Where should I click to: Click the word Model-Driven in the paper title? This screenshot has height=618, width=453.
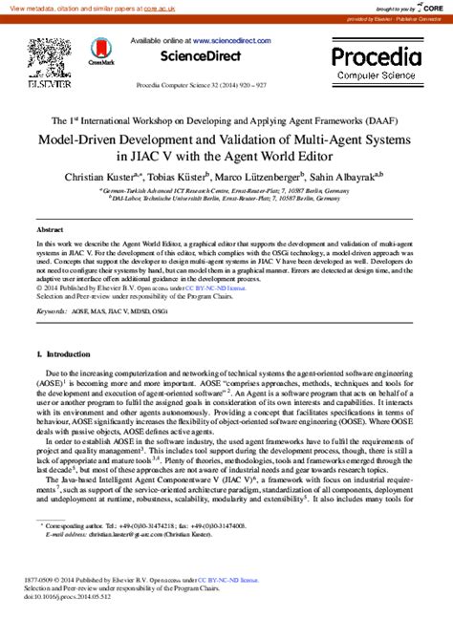coord(82,138)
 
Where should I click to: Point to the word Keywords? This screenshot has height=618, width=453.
coord(51,311)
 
